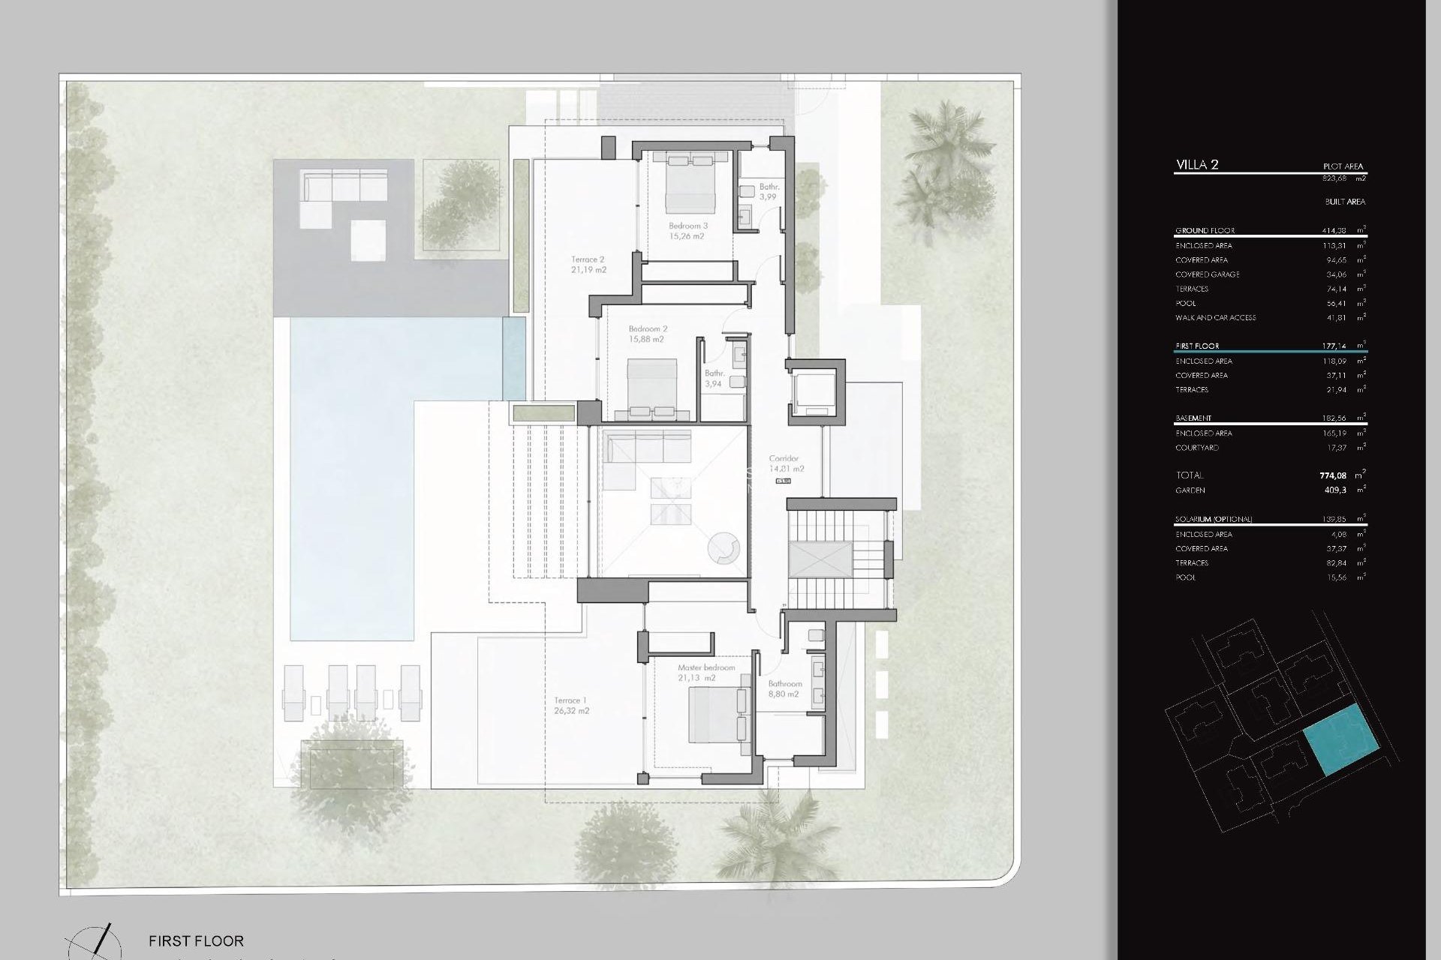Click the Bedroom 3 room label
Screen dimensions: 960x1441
point(687,226)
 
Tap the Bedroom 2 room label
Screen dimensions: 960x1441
point(648,329)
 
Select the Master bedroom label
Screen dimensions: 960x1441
point(706,667)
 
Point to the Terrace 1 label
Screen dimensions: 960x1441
point(570,700)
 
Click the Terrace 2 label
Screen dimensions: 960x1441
point(588,259)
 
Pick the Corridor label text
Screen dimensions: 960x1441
point(784,458)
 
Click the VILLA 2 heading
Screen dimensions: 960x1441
point(1197,165)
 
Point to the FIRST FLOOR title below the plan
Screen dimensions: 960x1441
point(196,940)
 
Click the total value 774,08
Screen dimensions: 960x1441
point(1333,475)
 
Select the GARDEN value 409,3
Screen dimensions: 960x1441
point(1335,490)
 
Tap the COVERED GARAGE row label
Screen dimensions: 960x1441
point(1207,274)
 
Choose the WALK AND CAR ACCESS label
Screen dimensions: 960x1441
point(1215,318)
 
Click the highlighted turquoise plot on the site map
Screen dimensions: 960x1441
point(1351,739)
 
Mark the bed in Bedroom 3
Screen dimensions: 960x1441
point(690,184)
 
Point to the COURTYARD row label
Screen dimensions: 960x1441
point(1196,448)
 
